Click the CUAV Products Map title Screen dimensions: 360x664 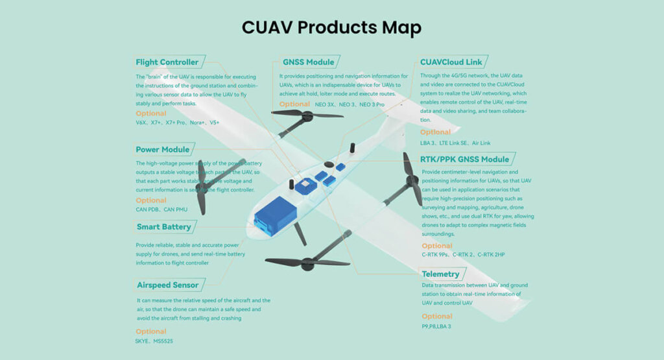(331, 28)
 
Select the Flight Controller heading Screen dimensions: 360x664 (167, 62)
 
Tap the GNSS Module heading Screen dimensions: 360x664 (308, 62)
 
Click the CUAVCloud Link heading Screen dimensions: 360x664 (451, 62)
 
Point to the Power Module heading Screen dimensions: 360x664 (163, 149)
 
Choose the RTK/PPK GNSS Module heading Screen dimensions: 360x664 (464, 159)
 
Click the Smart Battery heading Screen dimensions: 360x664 (163, 227)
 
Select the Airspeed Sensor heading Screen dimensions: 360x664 (167, 285)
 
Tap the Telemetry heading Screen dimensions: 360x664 (440, 274)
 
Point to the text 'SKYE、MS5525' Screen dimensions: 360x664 (154, 341)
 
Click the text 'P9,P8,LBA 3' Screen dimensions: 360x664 (436, 326)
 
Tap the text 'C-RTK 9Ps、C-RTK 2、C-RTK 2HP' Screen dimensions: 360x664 (463, 255)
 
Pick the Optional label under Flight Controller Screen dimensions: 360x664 (151, 114)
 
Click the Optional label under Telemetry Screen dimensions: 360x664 (437, 317)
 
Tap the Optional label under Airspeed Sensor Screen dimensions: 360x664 (151, 331)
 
